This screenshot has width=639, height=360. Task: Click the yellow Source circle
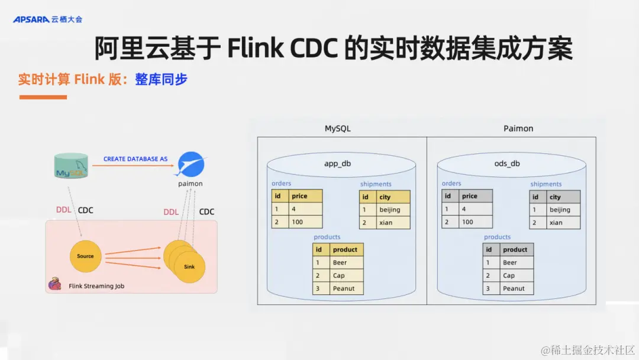click(85, 256)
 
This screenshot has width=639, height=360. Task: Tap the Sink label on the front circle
click(189, 267)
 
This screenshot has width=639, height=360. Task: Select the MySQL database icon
click(71, 166)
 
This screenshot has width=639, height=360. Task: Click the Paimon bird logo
click(191, 164)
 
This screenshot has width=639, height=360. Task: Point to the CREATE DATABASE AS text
click(135, 159)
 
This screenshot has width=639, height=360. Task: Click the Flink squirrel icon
click(55, 285)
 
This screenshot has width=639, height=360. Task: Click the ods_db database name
click(507, 163)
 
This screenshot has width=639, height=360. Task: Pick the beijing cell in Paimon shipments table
click(562, 210)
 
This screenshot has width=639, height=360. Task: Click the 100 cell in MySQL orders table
click(305, 222)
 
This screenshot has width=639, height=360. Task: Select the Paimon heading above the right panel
click(518, 128)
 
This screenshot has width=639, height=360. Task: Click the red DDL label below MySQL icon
click(63, 210)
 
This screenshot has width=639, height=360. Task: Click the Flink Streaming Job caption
click(96, 286)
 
